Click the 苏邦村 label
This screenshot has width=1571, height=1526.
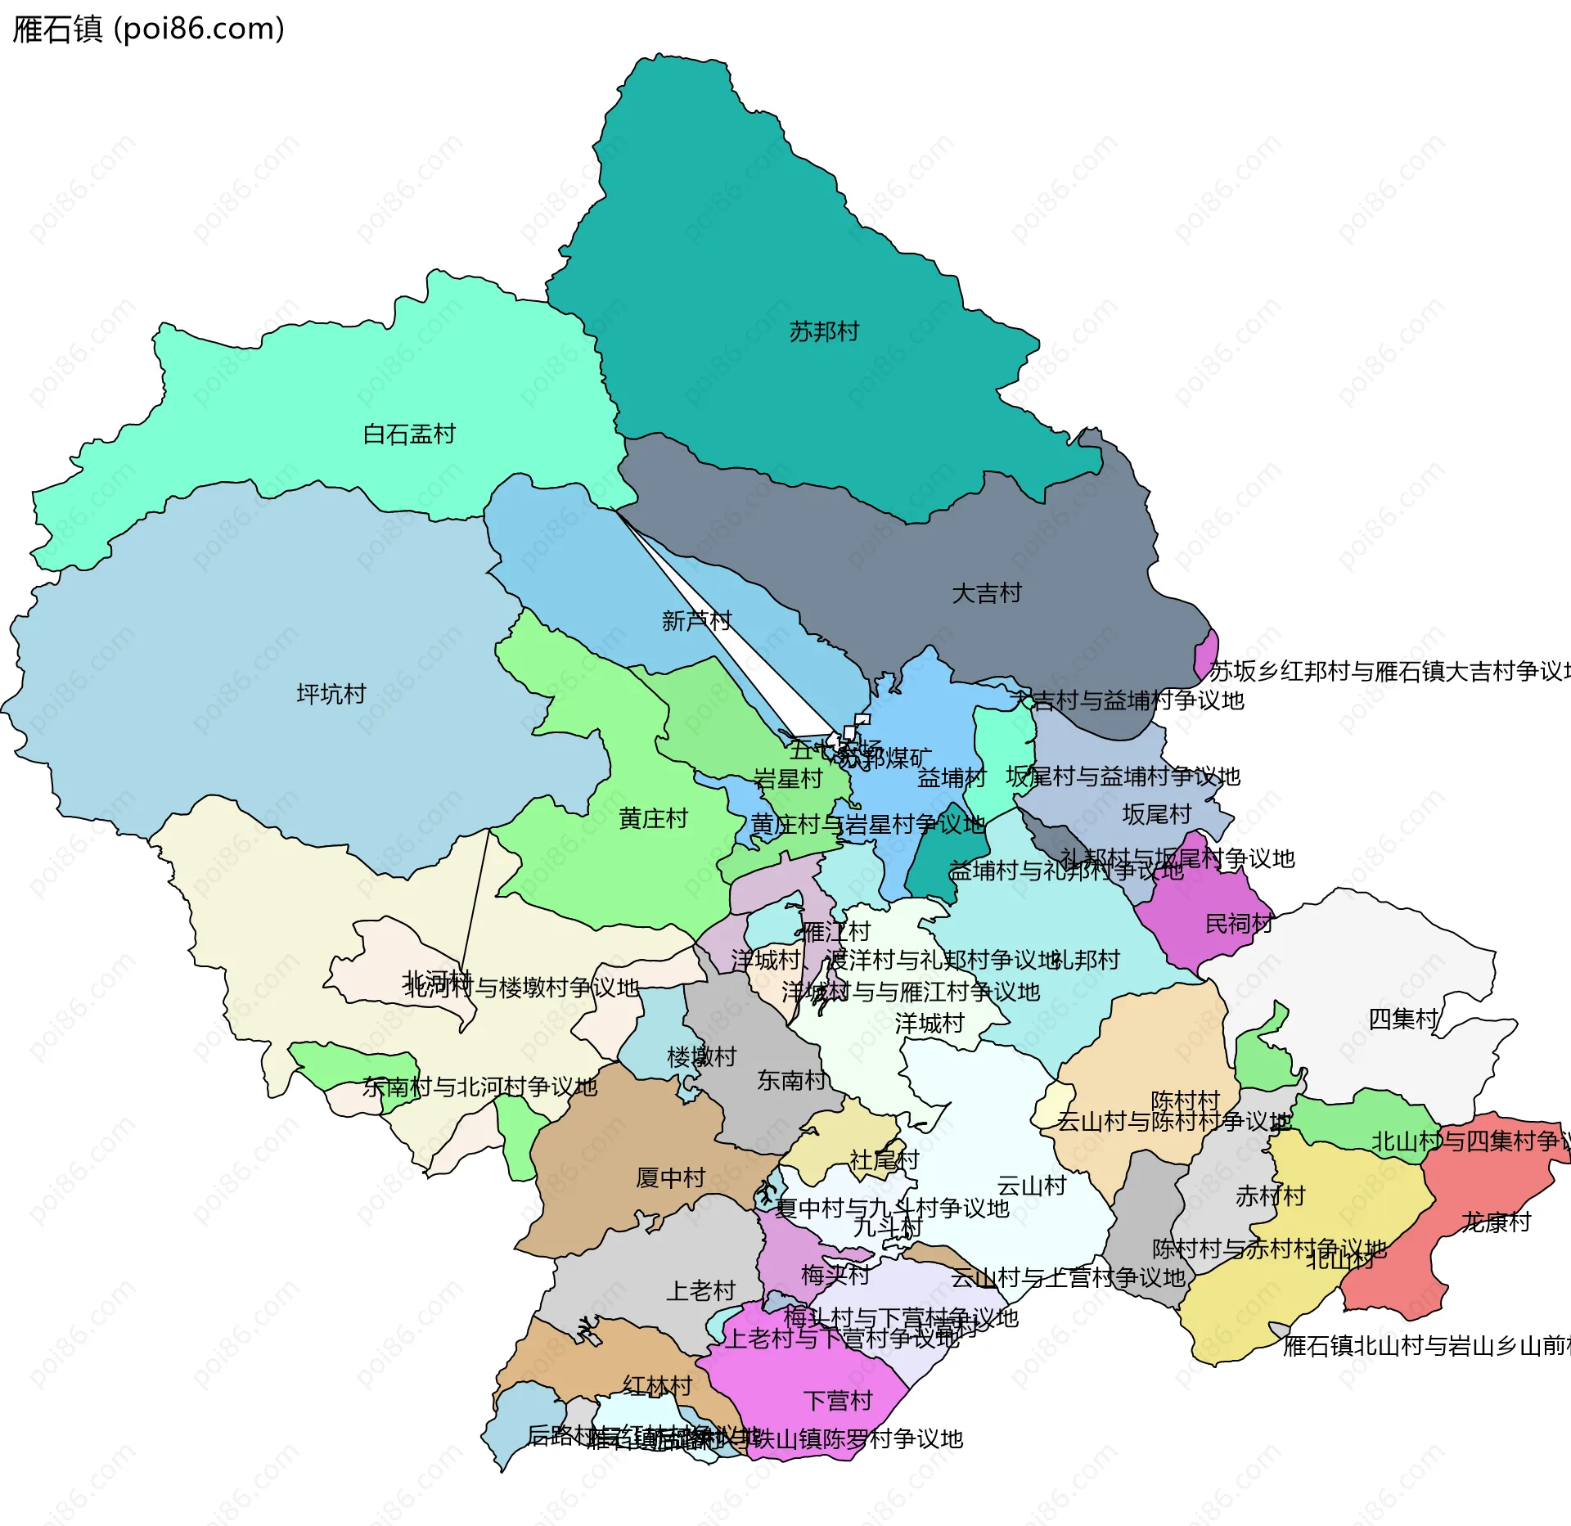pos(824,331)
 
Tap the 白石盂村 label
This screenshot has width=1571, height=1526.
pos(409,434)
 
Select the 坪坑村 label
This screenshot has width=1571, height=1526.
pos(331,694)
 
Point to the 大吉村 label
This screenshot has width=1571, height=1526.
pos(987,592)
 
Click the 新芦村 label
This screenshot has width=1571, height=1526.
pos(696,620)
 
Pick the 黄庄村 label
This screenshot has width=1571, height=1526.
pos(653,818)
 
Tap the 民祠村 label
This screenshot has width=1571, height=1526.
pos(1239,924)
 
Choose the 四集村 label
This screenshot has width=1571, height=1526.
pos(1403,1019)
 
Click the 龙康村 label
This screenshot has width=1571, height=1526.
pos(1496,1222)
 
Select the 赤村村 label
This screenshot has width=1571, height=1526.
pos(1270,1196)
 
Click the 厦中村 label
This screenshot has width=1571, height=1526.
pos(671,1177)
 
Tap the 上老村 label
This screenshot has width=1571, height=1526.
pos(700,1290)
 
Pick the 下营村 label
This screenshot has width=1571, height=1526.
pos(838,1401)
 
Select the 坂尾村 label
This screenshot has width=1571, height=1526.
pos(1156,814)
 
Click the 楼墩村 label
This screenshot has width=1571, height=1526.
pos(701,1056)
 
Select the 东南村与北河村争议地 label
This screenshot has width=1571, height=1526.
pos(479,1087)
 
